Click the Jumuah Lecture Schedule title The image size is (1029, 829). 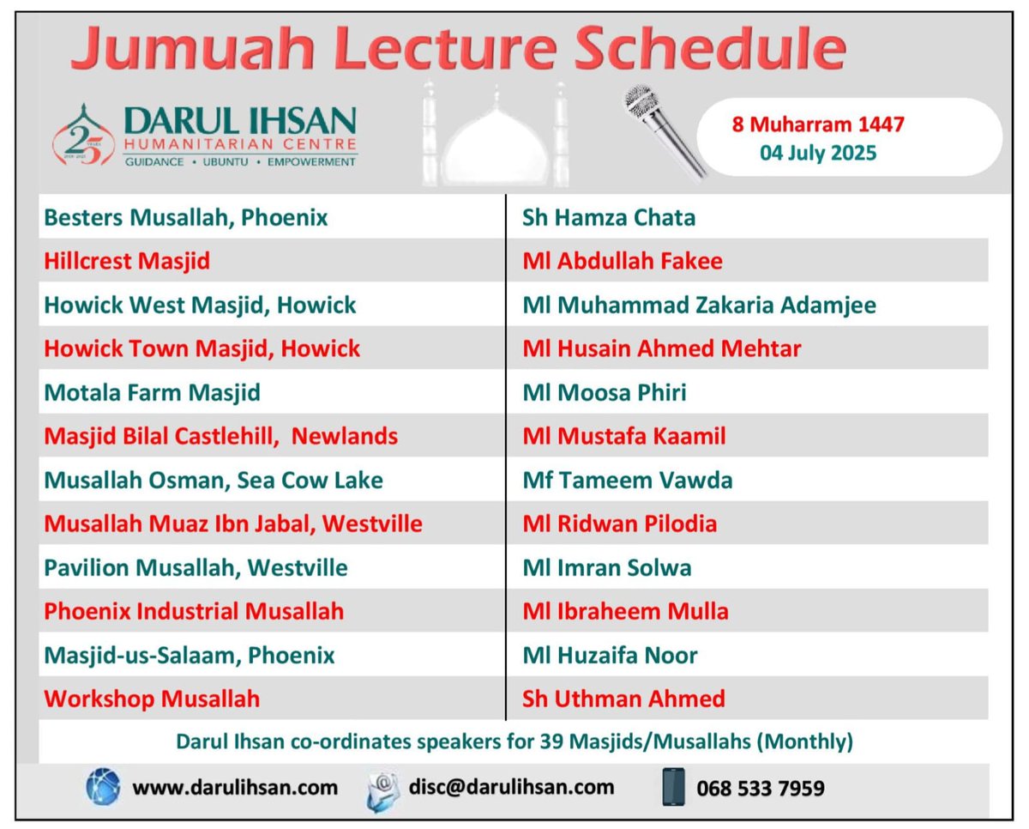(x=458, y=50)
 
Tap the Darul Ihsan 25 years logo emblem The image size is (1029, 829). (x=83, y=136)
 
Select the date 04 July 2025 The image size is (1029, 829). (x=817, y=154)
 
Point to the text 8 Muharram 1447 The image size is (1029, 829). (x=817, y=124)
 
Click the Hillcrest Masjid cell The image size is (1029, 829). (x=127, y=261)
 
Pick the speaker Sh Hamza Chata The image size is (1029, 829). (x=609, y=217)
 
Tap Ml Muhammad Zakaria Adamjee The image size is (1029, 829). (x=699, y=305)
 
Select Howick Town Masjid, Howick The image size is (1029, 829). (x=202, y=348)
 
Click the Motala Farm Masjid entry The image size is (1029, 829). (x=152, y=393)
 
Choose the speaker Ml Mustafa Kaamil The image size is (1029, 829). (x=624, y=436)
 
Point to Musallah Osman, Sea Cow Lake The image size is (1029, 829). (x=214, y=480)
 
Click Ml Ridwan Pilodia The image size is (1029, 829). (x=620, y=523)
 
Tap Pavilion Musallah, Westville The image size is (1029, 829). (x=196, y=567)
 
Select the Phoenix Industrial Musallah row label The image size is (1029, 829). (x=194, y=611)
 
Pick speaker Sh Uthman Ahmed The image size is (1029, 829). (x=623, y=699)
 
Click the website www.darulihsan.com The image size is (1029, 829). (x=234, y=787)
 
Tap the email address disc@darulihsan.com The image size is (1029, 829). (x=511, y=787)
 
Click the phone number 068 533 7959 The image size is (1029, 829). (x=761, y=788)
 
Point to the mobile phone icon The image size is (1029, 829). (x=674, y=787)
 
